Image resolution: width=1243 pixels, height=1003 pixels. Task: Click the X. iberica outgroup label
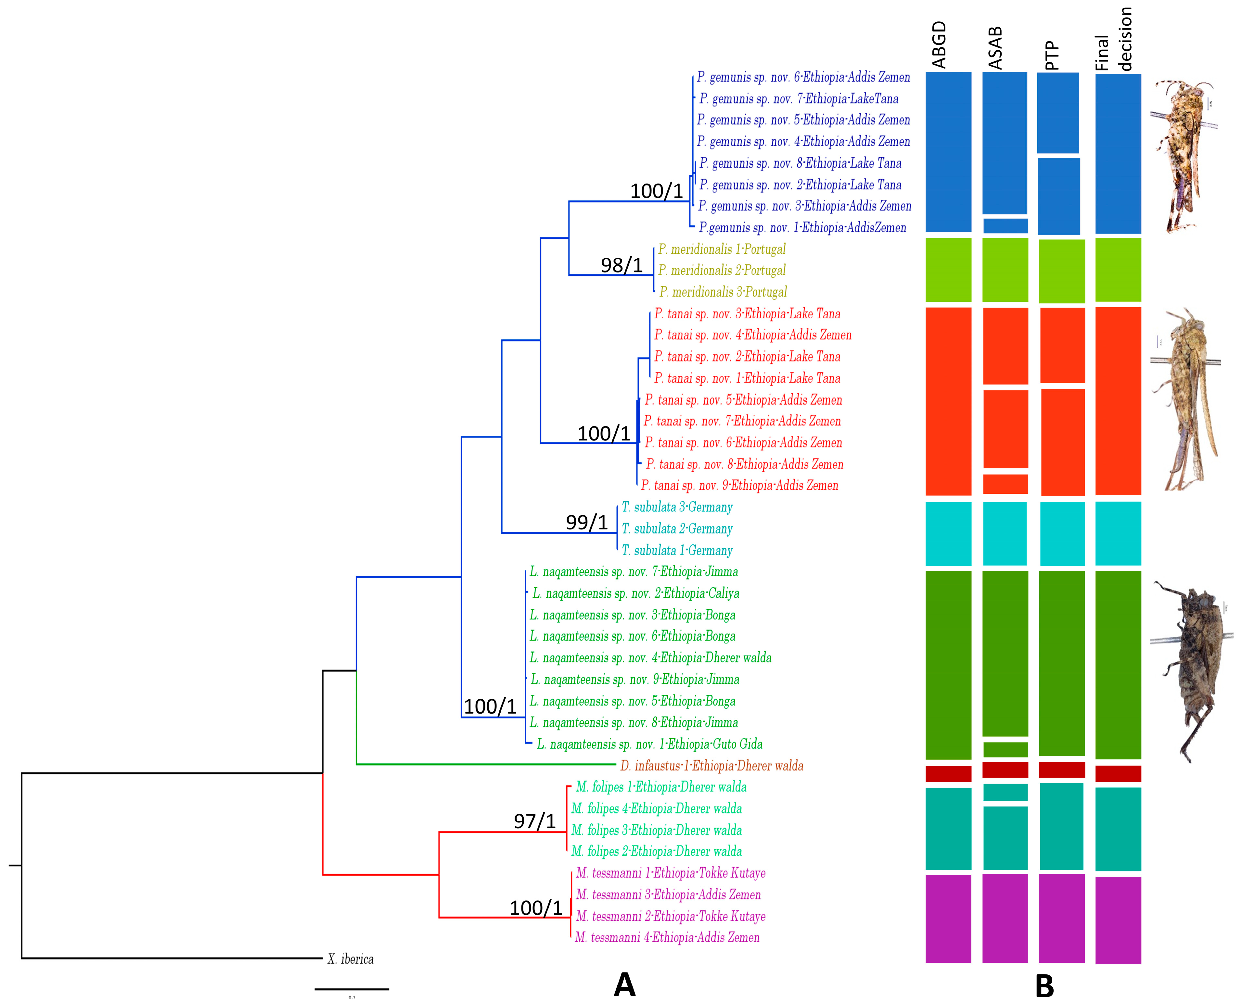coord(350,959)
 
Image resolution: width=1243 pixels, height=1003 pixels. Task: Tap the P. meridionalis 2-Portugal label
coord(722,270)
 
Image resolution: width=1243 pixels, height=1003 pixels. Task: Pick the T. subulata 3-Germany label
coord(677,507)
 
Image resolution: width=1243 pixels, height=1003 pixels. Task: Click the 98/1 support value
coord(621,265)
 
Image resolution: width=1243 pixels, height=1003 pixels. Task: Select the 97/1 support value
coord(534,821)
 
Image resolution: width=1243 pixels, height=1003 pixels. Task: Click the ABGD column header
coord(939,45)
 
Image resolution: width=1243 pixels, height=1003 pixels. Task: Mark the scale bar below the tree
coord(351,989)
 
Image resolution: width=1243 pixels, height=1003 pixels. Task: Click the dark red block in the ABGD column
coord(948,774)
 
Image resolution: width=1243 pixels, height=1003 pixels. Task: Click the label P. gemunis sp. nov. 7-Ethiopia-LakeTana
coord(799,99)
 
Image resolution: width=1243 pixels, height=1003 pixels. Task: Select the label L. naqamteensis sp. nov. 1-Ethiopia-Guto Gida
coord(649,744)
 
